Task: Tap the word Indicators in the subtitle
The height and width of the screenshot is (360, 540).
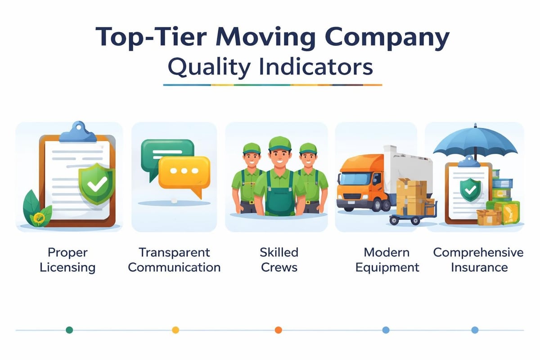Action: click(315, 67)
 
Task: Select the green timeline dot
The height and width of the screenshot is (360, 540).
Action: click(69, 330)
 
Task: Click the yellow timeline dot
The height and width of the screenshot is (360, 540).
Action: click(175, 330)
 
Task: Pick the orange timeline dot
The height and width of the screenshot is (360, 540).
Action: click(278, 330)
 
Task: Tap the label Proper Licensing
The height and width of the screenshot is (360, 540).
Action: click(67, 260)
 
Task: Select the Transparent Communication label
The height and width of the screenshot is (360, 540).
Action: click(174, 260)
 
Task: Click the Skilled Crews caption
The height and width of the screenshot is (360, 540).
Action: click(279, 260)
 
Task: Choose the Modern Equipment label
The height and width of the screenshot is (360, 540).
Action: click(387, 260)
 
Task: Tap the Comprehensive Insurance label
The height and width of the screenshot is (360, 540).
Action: click(478, 260)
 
